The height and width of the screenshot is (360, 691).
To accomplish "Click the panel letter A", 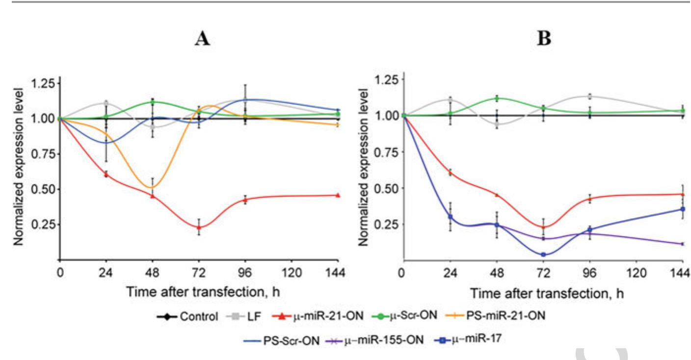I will (x=202, y=38).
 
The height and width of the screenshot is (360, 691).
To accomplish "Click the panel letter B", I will (x=544, y=38).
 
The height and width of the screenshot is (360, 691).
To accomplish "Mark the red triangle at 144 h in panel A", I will (x=338, y=195).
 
